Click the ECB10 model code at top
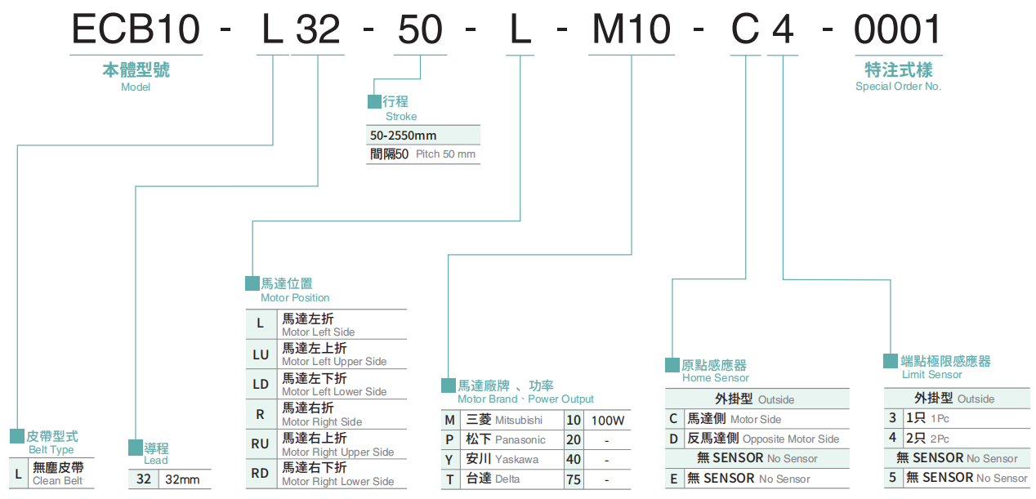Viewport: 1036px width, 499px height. (136, 30)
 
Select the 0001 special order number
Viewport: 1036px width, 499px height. (897, 30)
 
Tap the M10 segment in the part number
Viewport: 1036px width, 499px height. (631, 30)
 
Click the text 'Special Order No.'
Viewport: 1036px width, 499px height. (898, 87)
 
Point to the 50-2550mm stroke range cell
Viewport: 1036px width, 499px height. (404, 135)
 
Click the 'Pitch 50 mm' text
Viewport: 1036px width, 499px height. (445, 154)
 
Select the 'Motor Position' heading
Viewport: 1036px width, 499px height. (295, 298)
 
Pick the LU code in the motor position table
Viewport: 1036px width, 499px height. (260, 354)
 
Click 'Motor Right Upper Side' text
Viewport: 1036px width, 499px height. (337, 452)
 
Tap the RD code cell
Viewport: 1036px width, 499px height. (260, 474)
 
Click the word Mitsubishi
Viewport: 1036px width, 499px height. (518, 421)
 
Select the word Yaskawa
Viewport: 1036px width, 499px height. (516, 460)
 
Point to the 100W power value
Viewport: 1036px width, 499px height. (607, 421)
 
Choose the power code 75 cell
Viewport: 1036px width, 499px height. (574, 479)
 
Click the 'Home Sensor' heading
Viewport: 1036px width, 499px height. (715, 378)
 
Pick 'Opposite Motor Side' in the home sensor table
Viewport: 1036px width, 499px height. (790, 439)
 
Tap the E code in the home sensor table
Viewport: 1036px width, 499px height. (673, 479)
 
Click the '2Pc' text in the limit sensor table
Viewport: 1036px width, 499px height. (940, 439)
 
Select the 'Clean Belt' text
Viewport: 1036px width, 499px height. (57, 481)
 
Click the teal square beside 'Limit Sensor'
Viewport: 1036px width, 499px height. (891, 361)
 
